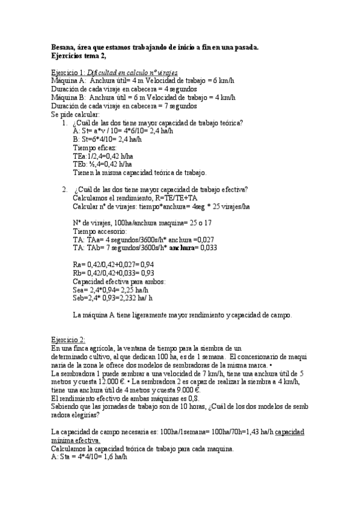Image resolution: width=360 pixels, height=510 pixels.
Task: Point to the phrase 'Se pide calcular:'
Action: (76, 114)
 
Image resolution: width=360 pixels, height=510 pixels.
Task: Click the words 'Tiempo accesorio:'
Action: (100, 231)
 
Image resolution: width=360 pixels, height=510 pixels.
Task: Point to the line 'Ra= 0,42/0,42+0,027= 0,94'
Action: (113, 265)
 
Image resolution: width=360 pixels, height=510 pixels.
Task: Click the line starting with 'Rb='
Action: (113, 273)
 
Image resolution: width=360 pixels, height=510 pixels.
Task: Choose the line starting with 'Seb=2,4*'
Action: (112, 298)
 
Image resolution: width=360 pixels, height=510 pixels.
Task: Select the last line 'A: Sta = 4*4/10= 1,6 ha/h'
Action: (88, 456)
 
